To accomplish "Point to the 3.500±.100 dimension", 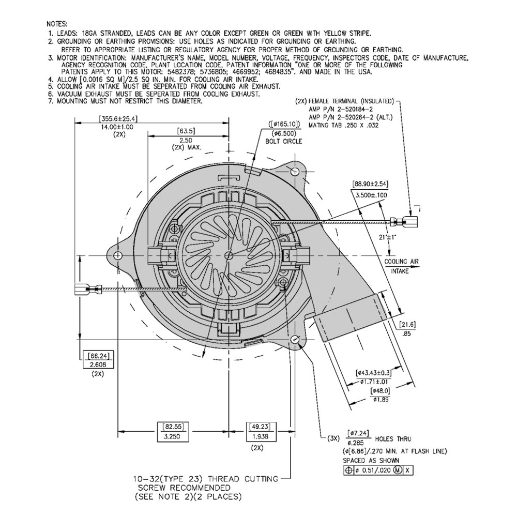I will coord(371,194).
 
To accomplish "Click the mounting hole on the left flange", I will coord(118,255).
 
